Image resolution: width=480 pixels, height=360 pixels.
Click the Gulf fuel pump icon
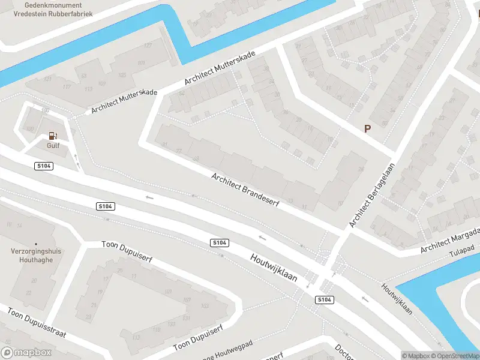pyautogui.click(x=53, y=135)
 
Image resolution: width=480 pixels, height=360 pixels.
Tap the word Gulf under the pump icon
pyautogui.click(x=53, y=145)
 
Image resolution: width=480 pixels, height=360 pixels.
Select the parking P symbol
pyautogui.click(x=367, y=128)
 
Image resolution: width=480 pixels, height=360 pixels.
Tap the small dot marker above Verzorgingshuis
pyautogui.click(x=35, y=244)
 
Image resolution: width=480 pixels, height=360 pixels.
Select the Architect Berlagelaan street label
pyautogui.click(x=372, y=195)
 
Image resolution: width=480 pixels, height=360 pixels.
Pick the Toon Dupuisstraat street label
pyautogui.click(x=36, y=323)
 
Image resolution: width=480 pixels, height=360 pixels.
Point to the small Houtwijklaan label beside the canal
pyautogui.click(x=397, y=298)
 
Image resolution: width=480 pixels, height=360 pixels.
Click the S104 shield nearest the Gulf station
pyautogui.click(x=44, y=166)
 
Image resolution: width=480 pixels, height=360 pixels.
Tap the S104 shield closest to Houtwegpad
pyautogui.click(x=324, y=299)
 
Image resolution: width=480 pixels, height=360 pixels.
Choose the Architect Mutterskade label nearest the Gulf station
pyautogui.click(x=124, y=101)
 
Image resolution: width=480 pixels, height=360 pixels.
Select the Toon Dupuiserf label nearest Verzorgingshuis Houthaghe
pyautogui.click(x=127, y=252)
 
